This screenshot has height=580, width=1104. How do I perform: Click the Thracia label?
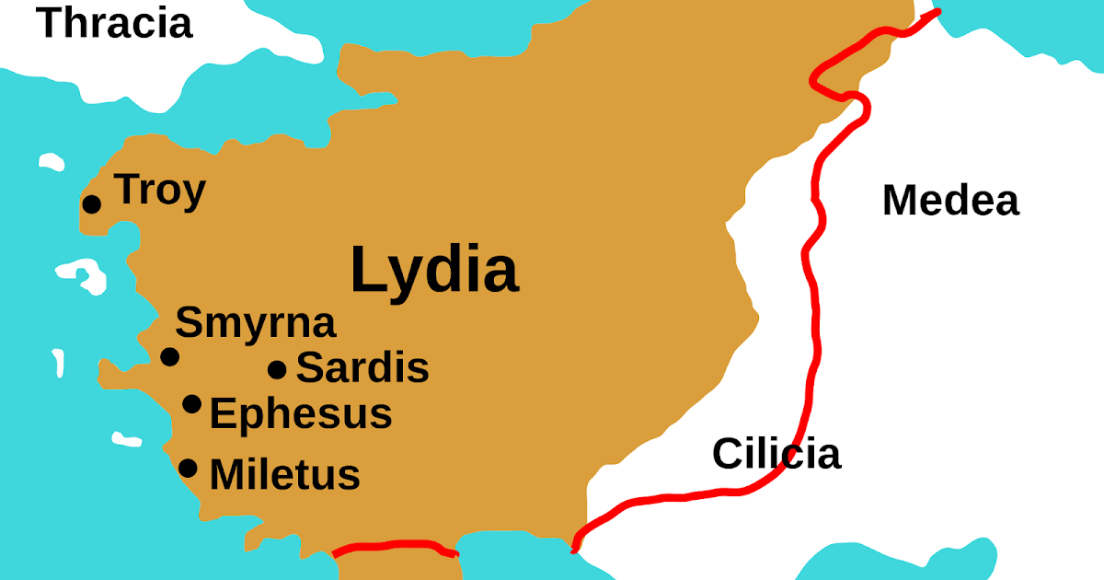click(x=115, y=22)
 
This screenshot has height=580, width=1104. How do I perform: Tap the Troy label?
click(x=160, y=191)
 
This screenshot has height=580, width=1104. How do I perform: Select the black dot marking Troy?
click(x=92, y=203)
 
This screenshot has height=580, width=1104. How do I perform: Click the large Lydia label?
click(x=434, y=271)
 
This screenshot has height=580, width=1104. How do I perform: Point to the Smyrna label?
click(x=256, y=324)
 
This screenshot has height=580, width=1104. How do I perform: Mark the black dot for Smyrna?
click(x=170, y=356)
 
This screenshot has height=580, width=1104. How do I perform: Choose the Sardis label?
click(x=362, y=368)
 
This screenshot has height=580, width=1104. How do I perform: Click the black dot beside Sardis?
click(x=277, y=370)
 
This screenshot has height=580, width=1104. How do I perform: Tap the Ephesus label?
click(x=301, y=414)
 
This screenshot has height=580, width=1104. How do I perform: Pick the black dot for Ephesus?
click(x=192, y=403)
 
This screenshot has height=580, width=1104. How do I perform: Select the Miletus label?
click(x=284, y=475)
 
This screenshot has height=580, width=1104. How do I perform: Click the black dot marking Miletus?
click(x=189, y=468)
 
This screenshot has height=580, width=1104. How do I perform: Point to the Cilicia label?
click(x=776, y=454)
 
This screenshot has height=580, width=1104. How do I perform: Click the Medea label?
click(x=950, y=201)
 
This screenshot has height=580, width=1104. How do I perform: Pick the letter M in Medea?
click(x=901, y=201)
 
